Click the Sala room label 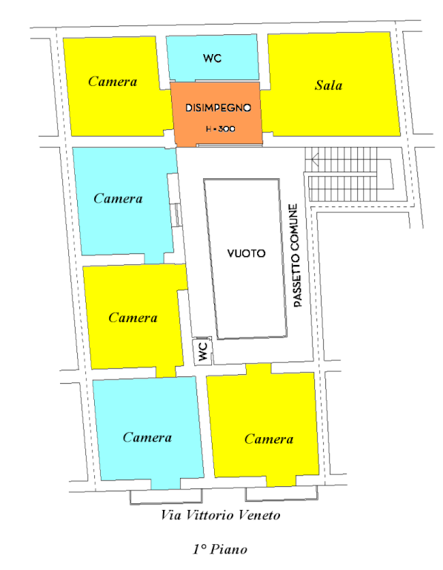(328, 85)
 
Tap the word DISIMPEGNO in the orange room (218, 108)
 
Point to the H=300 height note (220, 128)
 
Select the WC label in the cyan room (213, 58)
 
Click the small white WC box (202, 351)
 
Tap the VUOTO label (247, 253)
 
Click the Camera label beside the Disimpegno (113, 82)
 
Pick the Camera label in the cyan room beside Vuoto (118, 198)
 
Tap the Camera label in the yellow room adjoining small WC (133, 318)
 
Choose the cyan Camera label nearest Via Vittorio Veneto (147, 437)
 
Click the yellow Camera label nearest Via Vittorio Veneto (269, 439)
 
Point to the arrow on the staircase (315, 160)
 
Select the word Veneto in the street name (262, 515)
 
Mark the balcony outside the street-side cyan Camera (166, 497)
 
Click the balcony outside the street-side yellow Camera (282, 494)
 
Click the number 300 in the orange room (227, 128)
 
